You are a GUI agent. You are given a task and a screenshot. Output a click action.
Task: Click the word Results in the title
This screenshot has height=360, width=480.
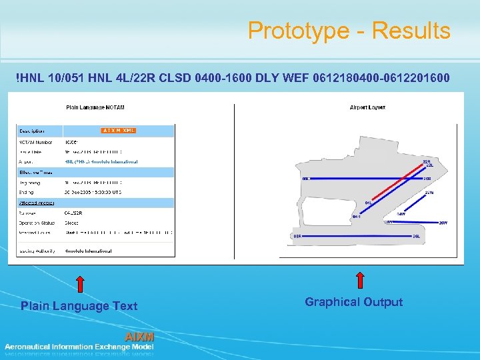411,31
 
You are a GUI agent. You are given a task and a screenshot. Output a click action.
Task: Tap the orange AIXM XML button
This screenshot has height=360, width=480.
119,131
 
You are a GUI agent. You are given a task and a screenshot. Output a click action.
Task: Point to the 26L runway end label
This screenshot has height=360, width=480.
415,236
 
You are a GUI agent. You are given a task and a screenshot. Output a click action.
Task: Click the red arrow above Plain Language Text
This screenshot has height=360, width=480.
79,284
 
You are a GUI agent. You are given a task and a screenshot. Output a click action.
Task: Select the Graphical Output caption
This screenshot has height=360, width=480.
353,302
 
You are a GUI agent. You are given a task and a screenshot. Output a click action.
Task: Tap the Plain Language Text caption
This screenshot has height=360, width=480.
79,306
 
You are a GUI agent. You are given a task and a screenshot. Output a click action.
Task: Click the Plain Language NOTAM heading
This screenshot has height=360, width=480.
95,107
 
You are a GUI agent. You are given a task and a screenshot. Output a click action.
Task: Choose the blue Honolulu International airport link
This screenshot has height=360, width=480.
101,161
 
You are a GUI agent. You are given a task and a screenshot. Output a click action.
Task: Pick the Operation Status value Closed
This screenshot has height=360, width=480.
71,223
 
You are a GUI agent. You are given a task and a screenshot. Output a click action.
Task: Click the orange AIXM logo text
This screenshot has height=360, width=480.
139,337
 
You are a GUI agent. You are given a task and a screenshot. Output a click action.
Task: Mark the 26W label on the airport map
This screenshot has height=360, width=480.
443,222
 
